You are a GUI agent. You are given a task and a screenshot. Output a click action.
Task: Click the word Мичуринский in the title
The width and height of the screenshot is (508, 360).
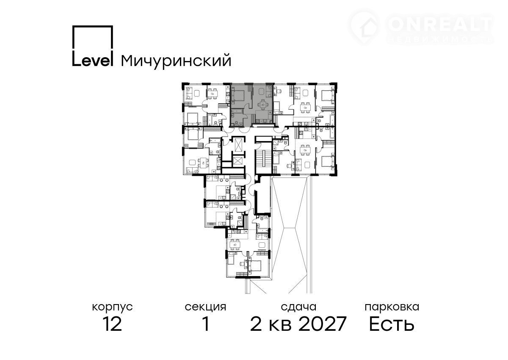(176, 61)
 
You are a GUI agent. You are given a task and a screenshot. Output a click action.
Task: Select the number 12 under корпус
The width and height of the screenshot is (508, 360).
(113, 324)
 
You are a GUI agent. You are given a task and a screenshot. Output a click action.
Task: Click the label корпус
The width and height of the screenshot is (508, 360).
(112, 307)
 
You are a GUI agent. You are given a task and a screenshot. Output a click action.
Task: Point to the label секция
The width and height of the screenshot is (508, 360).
(205, 307)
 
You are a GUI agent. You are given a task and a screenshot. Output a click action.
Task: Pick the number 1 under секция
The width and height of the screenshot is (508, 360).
(206, 324)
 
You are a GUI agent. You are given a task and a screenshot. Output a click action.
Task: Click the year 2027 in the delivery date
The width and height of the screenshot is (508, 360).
(322, 324)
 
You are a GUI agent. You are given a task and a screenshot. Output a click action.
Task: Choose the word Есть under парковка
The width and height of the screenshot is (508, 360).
(392, 324)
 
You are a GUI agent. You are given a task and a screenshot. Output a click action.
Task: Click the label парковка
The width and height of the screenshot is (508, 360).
(392, 307)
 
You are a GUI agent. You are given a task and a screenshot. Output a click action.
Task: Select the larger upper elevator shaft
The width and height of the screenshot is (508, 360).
(239, 145)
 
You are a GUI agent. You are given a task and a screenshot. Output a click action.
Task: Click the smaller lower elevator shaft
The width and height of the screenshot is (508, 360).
(237, 161)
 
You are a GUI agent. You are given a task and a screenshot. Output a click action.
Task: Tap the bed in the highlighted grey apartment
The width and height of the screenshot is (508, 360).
(237, 95)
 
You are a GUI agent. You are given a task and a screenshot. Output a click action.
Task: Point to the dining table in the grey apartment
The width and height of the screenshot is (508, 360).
(263, 105)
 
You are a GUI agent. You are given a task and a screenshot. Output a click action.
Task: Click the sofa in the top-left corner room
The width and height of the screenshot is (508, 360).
(189, 93)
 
